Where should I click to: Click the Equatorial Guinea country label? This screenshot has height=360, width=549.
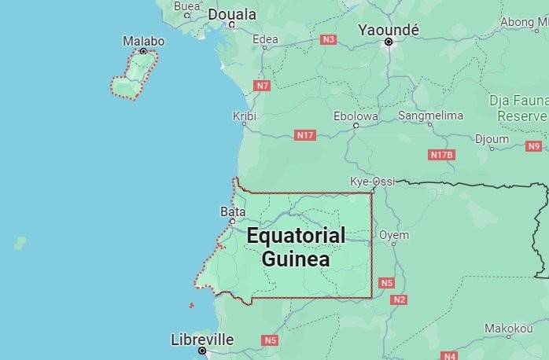coord(296,247)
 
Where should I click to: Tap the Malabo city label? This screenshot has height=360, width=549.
coord(144,41)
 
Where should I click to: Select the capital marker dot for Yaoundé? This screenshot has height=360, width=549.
coord(388,42)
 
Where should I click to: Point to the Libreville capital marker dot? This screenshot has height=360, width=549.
coord(202,351)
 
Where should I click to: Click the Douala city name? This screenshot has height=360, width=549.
coord(232,14)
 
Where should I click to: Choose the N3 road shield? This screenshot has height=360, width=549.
coord(329,39)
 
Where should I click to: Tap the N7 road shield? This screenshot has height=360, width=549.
coord(263,85)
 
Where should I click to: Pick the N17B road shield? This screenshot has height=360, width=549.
coord(442,155)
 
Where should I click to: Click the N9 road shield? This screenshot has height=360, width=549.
coord(534,145)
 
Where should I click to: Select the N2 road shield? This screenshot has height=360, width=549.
coord(400,299)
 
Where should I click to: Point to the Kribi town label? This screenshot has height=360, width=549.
coord(245,116)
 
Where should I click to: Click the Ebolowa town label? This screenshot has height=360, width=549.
coord(356,116)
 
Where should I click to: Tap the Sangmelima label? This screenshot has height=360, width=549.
coord(429,115)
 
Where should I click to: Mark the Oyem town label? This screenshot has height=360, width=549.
coord(394,234)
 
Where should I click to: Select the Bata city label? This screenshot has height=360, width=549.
coord(232,211)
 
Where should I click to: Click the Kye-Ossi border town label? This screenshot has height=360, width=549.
coord(372,182)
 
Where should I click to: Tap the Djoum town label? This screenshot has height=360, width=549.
coord(492,139)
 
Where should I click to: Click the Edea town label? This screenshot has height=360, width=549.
coord(265,39)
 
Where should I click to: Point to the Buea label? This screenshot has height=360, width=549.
coord(187,6)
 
